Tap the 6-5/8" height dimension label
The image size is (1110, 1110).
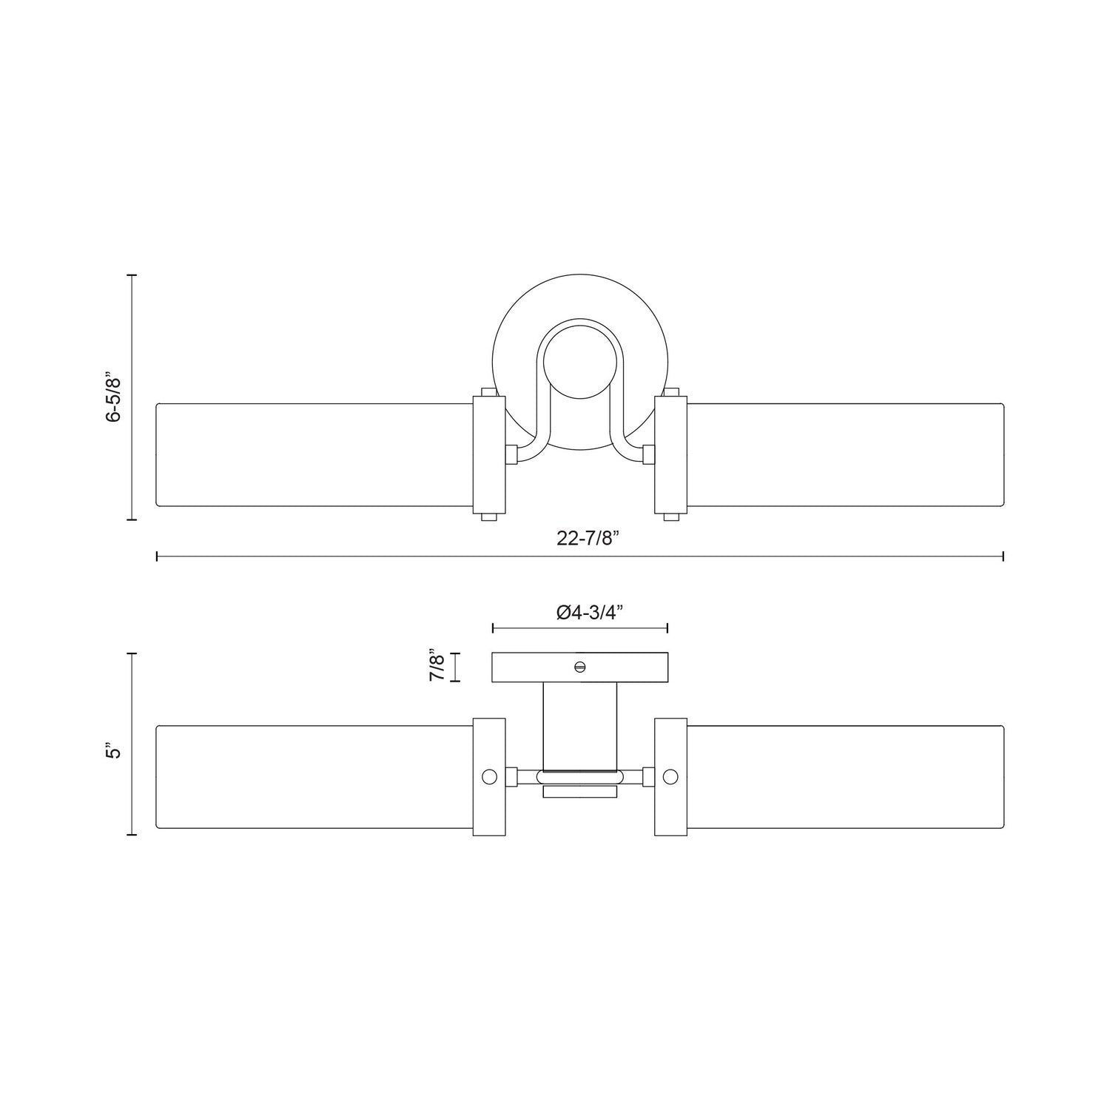coord(113,397)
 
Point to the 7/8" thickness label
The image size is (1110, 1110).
coord(437,666)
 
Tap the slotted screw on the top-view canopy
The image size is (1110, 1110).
coord(580,666)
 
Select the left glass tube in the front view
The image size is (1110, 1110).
coord(314,455)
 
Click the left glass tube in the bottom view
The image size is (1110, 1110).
coord(314,777)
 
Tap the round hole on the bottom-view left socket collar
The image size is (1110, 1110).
coord(489,777)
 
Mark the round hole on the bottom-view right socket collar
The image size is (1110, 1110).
coord(670,777)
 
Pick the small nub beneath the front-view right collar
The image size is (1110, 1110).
coord(671,517)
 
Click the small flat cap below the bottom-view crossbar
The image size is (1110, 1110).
coord(580,793)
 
